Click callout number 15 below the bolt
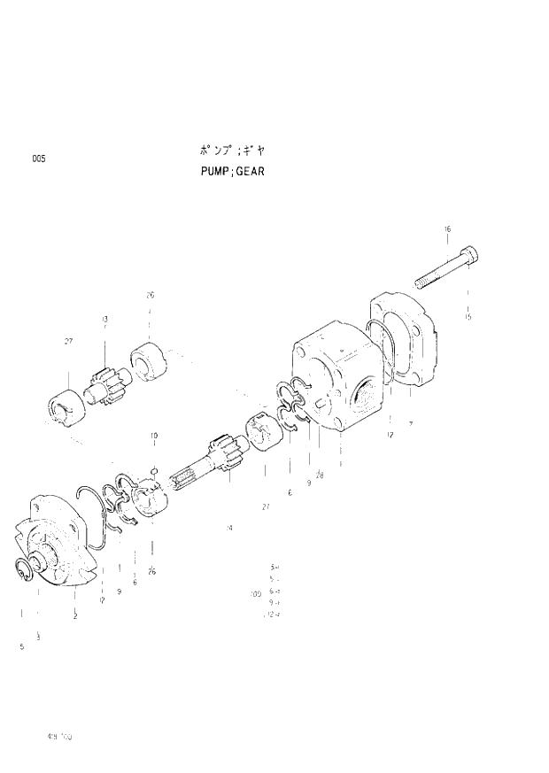(468, 316)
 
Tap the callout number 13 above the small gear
(105, 319)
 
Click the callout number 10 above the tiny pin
(153, 436)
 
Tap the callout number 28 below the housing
(320, 475)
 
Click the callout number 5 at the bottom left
(21, 648)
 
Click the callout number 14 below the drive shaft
(228, 528)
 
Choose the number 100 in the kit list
(256, 594)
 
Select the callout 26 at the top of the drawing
(150, 295)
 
